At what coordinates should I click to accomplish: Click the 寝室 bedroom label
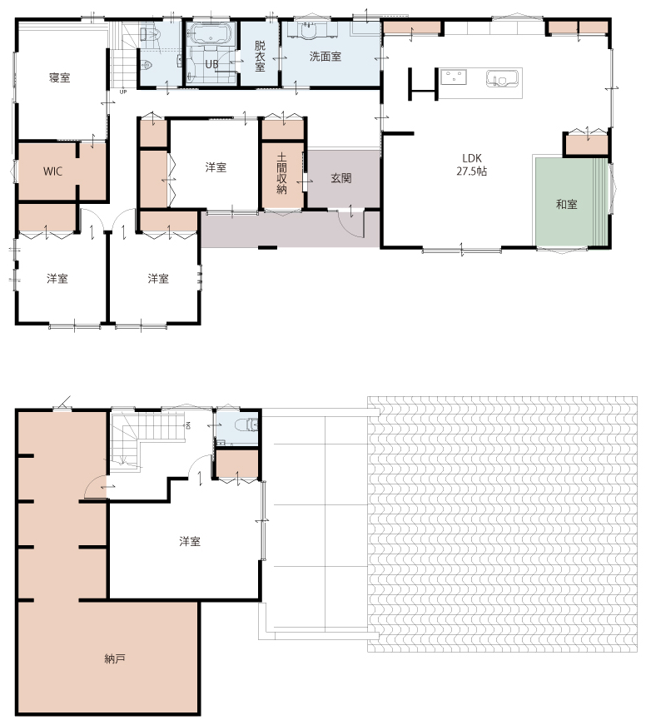pos(60,77)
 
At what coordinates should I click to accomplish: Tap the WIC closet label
pos(52,171)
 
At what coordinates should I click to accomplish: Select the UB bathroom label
pos(211,64)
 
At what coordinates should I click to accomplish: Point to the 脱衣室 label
pos(260,57)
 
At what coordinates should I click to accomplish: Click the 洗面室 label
pos(325,57)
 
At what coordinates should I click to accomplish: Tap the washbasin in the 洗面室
pos(307,30)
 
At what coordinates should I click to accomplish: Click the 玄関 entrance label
pos(340,178)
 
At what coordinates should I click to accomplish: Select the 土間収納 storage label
pos(281,173)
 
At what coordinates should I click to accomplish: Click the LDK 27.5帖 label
pos(472,165)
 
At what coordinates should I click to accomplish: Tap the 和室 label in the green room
pos(566,205)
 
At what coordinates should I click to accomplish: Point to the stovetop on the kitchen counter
pos(453,77)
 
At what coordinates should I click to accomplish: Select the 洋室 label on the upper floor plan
pos(190,541)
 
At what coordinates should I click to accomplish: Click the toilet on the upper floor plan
pos(246,424)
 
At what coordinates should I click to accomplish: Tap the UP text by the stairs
pos(123,92)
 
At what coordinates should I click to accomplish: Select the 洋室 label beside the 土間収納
pos(216,167)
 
